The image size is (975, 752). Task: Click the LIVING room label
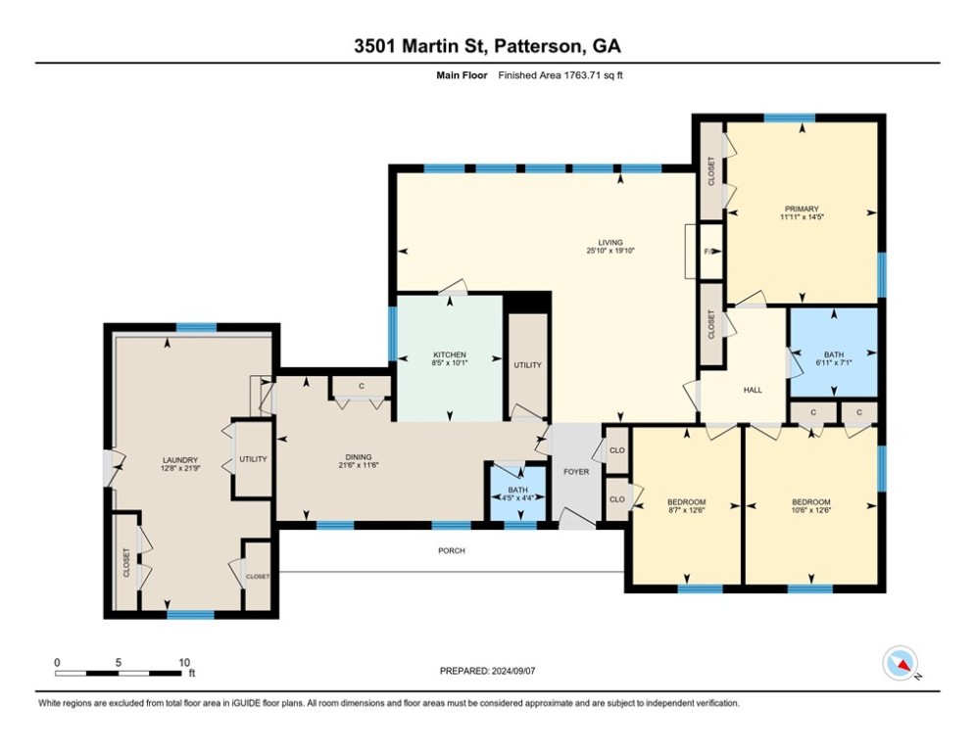[610, 243]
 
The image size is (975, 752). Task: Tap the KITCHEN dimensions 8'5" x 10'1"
[450, 363]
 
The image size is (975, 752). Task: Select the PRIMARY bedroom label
[802, 209]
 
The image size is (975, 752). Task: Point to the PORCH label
[452, 550]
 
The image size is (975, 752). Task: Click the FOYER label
[576, 472]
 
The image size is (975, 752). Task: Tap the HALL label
[753, 391]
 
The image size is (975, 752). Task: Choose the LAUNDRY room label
[179, 460]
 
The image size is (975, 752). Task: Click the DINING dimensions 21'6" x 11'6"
[359, 465]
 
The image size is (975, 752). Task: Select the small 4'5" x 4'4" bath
[518, 493]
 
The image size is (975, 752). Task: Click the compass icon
[901, 663]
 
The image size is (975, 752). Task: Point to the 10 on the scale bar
[184, 663]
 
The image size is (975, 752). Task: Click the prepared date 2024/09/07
[513, 671]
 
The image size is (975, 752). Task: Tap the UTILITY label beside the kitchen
[528, 365]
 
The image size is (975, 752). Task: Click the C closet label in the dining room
[362, 387]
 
